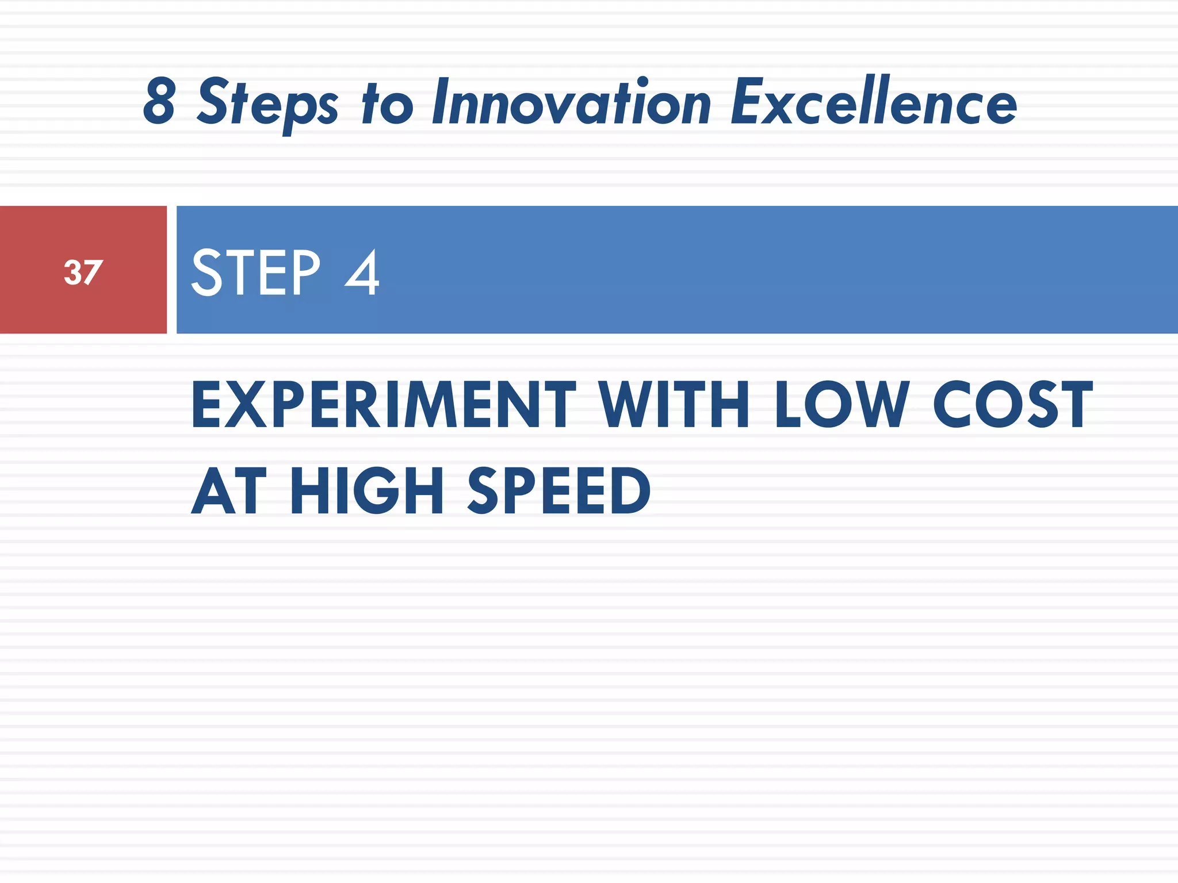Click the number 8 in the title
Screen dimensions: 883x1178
[159, 102]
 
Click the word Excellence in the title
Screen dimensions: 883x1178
[873, 102]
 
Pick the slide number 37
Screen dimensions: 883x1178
[83, 272]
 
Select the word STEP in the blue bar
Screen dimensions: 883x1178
[255, 272]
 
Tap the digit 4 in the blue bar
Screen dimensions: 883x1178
[362, 272]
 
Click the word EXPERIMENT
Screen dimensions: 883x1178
[383, 405]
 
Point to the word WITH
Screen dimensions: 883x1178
[674, 405]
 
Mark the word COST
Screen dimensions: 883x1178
[1012, 405]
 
